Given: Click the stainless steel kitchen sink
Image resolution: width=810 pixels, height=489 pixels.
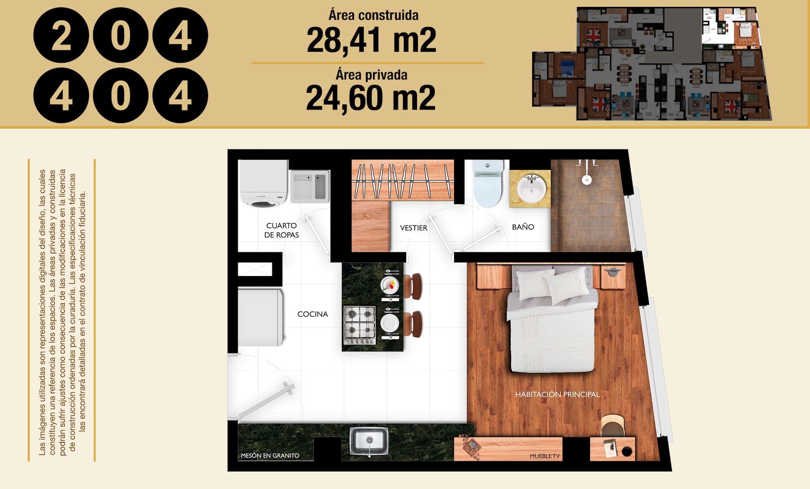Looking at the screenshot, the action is [369, 441].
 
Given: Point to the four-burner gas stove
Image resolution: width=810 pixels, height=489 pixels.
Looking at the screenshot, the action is [360, 325].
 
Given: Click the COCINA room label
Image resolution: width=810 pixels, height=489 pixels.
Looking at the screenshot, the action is [313, 314].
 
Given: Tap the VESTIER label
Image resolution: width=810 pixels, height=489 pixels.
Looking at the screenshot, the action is [414, 228].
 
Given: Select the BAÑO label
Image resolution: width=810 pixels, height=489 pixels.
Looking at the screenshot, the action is [523, 227].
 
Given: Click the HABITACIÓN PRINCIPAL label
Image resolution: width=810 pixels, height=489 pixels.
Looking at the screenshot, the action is [557, 394].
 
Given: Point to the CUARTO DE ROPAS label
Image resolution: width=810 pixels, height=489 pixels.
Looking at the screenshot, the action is [281, 230].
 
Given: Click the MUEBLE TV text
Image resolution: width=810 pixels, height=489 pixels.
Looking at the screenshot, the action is [545, 456].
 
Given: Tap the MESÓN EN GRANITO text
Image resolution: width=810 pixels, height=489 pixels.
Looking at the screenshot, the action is [270, 455].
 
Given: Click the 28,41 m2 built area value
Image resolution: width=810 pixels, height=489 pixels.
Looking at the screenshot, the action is [371, 40].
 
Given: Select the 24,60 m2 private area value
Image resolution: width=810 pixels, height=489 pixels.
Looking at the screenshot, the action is [371, 98].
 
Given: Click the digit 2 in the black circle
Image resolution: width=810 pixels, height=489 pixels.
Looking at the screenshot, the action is [61, 36].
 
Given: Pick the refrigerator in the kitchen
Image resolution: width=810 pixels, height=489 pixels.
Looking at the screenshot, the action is [260, 317].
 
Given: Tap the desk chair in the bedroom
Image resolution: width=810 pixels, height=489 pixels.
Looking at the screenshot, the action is [612, 425].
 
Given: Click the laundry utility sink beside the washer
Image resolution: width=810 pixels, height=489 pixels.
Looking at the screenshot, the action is [310, 186].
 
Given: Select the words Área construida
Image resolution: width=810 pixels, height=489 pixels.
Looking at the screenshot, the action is [373, 15].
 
